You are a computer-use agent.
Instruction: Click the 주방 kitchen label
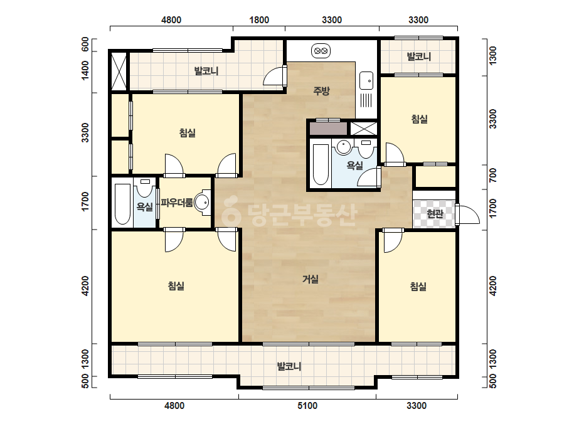click(321, 90)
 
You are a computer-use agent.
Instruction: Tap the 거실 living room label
click(311, 279)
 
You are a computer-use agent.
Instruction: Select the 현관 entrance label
click(434, 213)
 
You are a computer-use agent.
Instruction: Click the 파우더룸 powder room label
click(176, 203)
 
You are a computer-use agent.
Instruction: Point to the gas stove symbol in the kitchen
click(321, 51)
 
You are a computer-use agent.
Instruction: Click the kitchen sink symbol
click(366, 80)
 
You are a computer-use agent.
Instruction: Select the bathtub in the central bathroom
click(320, 164)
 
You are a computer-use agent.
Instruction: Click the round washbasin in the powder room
click(203, 202)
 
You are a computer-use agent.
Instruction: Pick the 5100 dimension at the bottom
click(307, 406)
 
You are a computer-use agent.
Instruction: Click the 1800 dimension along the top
click(259, 20)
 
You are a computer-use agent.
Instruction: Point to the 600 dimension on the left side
click(85, 45)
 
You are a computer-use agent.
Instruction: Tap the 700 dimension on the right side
click(492, 175)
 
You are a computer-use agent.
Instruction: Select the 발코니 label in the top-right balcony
click(419, 56)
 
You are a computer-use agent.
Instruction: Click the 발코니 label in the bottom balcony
click(289, 366)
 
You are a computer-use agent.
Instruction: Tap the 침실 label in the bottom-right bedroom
click(418, 286)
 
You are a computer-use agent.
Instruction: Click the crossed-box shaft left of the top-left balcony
click(119, 70)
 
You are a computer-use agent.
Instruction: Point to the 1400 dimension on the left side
click(85, 70)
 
